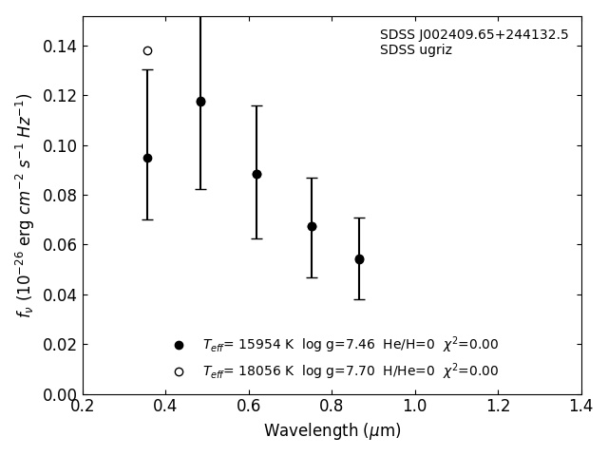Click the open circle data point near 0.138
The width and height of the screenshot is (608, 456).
(147, 50)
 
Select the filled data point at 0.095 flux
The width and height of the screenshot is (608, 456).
(147, 158)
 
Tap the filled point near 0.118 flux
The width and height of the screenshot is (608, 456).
(200, 102)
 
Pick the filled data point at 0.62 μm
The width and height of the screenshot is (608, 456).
(256, 174)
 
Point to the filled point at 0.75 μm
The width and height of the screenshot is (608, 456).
(312, 226)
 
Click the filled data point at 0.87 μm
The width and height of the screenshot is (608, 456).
(359, 259)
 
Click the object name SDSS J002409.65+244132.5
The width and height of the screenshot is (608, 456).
(474, 35)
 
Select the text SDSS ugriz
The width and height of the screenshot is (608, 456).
(416, 50)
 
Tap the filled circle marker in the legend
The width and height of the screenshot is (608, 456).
(179, 345)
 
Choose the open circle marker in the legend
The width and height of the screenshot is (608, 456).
(179, 371)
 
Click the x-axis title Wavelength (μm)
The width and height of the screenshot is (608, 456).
(332, 431)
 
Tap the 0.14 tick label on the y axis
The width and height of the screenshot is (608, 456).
(59, 47)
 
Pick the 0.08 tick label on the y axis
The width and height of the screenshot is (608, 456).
(59, 196)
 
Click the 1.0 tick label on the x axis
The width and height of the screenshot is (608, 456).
(415, 407)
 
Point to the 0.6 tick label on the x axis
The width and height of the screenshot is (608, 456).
(249, 407)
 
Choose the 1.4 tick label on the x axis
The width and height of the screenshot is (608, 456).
(580, 407)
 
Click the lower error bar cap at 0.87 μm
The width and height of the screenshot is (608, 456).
(359, 299)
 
